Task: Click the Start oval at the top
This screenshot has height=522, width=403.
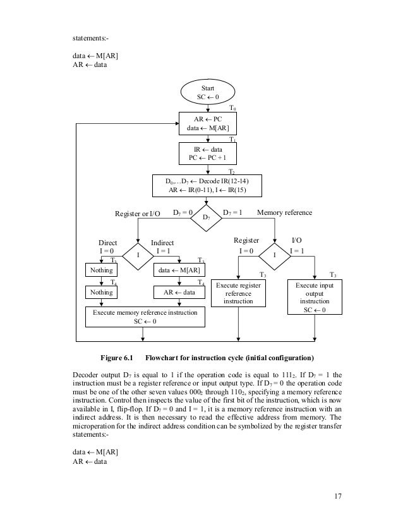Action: coord(208,92)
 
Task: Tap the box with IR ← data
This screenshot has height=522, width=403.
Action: coord(208,153)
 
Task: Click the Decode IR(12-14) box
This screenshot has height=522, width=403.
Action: coord(208,185)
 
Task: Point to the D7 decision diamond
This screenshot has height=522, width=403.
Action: coord(208,217)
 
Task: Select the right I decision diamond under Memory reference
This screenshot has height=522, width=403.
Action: coord(275,255)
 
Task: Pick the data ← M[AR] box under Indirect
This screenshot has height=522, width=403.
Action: coord(180,271)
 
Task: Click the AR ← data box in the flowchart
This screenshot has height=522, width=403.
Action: coord(180,293)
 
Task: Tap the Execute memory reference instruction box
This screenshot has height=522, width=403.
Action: coord(145,317)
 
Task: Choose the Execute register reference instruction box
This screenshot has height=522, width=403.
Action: coord(238,294)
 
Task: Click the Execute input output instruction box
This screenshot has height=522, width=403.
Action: coord(314,298)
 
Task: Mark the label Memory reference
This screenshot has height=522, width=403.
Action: coord(285,213)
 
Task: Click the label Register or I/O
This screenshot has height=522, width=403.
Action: coord(138,214)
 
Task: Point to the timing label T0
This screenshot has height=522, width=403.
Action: coord(232,109)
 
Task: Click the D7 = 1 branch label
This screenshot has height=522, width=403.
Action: coord(234,213)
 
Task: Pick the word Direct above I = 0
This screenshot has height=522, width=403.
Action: coord(107,242)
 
